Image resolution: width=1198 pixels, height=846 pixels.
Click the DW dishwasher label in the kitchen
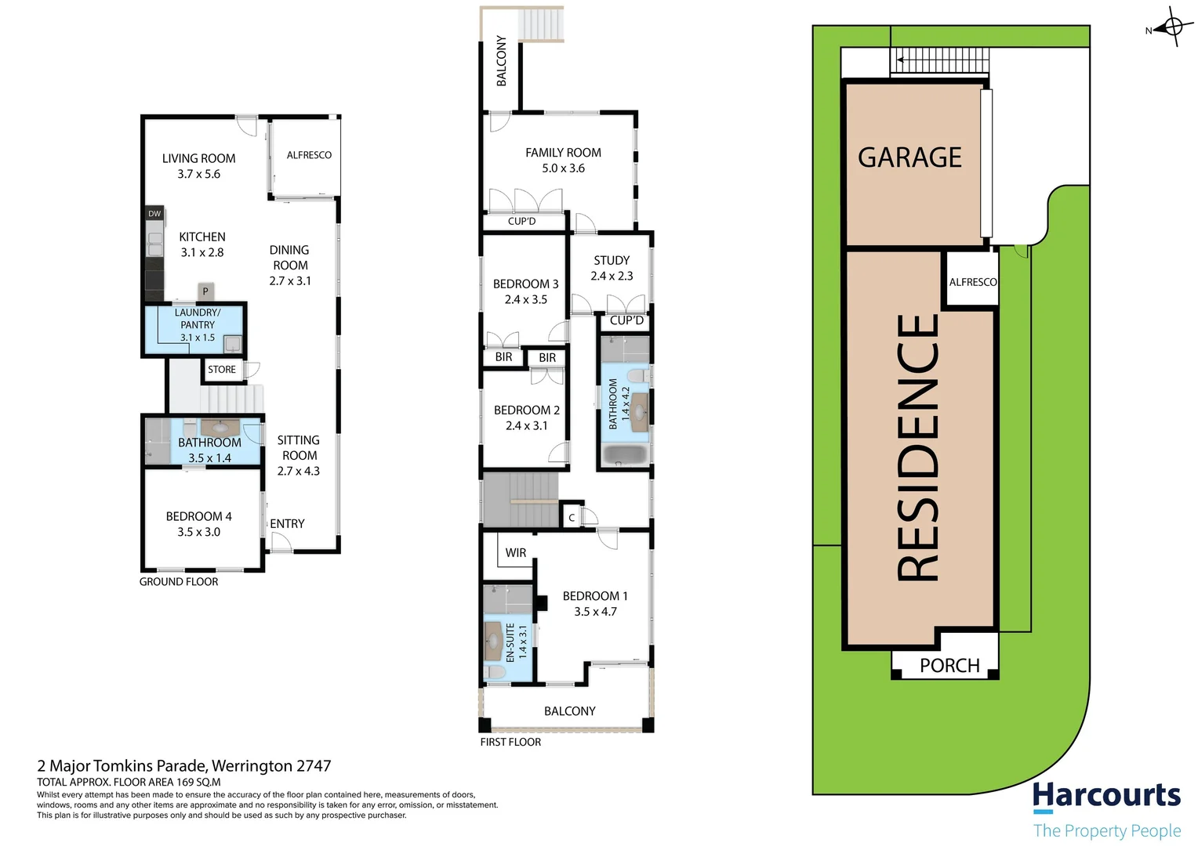coord(154,213)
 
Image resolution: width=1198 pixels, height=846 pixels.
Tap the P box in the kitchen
coord(205,291)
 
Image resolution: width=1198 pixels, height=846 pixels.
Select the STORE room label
coord(222,370)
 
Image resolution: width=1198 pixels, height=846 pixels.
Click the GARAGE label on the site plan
coord(909,157)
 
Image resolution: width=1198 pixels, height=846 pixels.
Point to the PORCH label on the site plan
coord(949,666)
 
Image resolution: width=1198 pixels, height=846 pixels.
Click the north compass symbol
coord(1173,27)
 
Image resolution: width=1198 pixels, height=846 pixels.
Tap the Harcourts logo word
coord(1106,796)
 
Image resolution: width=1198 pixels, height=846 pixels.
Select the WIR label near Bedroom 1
coord(516,553)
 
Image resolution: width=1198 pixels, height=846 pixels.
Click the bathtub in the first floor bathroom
coord(624,455)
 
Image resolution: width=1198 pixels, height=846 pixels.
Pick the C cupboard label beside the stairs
coord(572,518)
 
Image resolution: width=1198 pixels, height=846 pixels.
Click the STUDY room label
coord(612,260)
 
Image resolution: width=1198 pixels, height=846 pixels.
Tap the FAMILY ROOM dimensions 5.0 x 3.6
coord(563,168)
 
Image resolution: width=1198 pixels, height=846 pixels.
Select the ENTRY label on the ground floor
coord(287,524)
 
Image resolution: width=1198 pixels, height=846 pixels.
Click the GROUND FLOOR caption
coord(179,582)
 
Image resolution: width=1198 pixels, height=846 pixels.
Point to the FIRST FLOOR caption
coord(510,743)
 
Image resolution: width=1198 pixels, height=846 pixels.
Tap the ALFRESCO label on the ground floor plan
coord(309,155)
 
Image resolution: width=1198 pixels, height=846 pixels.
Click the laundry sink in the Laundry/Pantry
coord(233,344)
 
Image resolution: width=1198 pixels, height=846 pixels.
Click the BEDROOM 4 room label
coord(198,517)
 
